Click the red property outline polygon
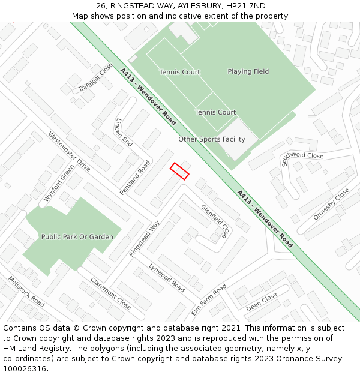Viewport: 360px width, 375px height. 179,171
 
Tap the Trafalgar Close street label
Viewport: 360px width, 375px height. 95,78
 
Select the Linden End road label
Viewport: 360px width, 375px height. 124,132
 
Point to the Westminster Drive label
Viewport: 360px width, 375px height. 69,152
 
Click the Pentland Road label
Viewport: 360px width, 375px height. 135,177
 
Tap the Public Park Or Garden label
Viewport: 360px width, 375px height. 77,237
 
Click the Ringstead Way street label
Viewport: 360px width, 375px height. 145,239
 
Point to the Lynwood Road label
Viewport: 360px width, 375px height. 167,277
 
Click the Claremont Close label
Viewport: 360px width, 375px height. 110,293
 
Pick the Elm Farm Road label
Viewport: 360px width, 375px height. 209,300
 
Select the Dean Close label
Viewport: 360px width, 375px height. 262,302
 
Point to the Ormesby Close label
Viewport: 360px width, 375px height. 331,204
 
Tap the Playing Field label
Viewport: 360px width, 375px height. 248,71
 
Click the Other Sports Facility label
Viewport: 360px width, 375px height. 212,139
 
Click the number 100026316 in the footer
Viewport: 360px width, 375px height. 24,368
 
